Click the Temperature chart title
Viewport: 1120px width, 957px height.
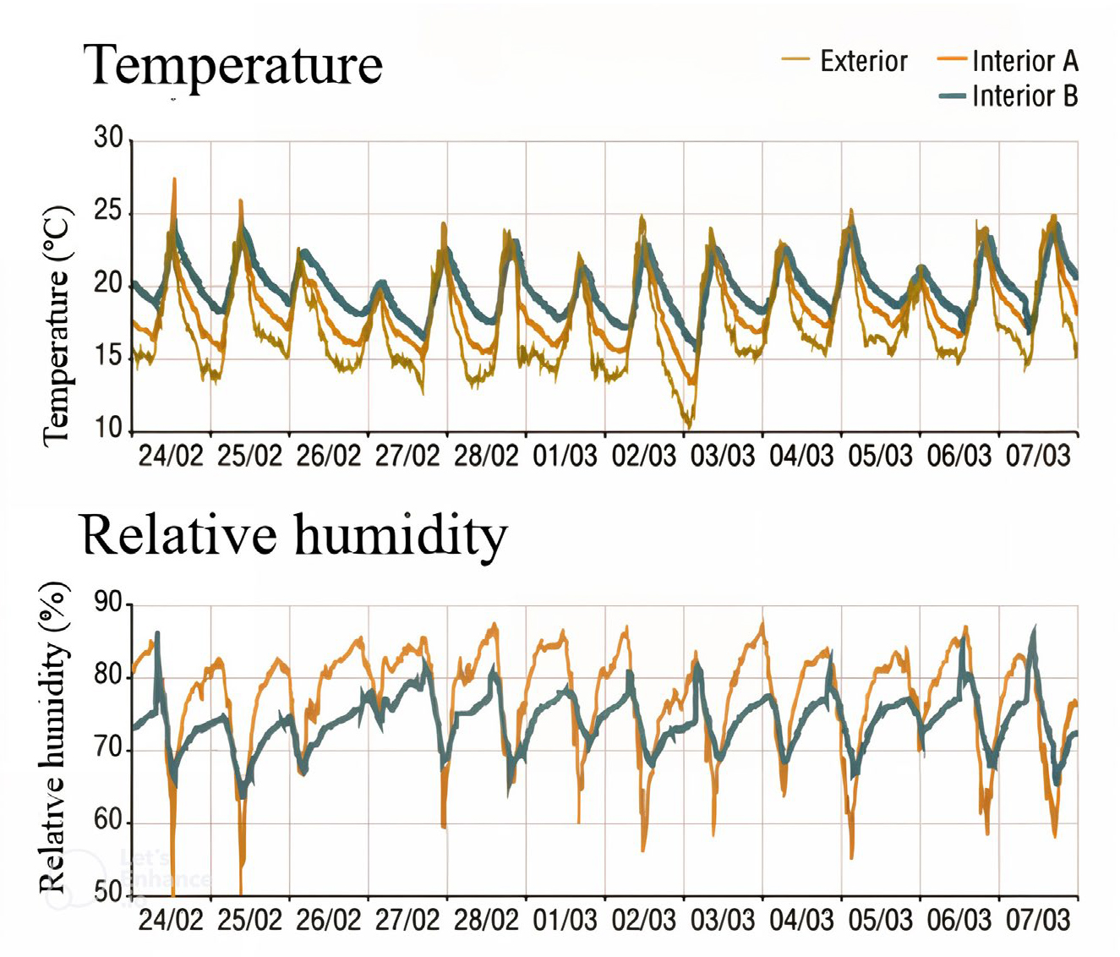point(232,66)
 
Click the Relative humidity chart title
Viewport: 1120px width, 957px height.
point(294,536)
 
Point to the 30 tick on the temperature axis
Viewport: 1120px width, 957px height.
point(108,138)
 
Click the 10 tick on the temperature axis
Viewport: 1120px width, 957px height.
point(108,429)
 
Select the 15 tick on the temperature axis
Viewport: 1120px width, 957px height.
point(108,357)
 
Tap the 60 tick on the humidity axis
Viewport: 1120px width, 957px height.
point(108,823)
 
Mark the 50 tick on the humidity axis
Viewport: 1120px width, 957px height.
point(108,894)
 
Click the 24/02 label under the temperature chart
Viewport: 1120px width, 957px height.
point(172,457)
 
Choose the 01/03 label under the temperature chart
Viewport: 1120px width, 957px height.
point(565,457)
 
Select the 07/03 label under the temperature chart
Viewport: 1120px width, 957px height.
point(1038,457)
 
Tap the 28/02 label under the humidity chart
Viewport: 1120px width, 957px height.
point(486,920)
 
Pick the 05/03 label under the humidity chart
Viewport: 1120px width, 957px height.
point(881,920)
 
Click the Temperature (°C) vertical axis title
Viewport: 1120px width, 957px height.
point(57,325)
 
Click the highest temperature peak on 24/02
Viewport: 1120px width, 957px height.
point(174,179)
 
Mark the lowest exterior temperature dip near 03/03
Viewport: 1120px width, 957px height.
point(689,425)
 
